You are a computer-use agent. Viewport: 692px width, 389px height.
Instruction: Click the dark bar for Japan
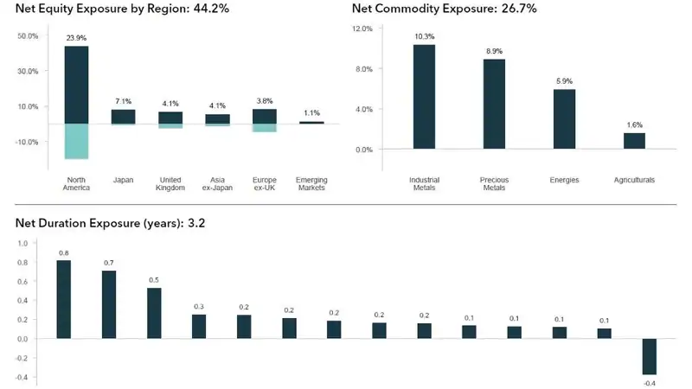point(123,116)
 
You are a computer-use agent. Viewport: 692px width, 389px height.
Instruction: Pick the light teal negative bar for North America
point(76,141)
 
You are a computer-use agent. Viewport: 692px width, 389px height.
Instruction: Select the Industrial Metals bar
point(424,96)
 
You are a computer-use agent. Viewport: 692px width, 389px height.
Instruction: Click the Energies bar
point(564,118)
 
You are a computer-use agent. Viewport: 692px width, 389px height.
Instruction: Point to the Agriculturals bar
point(634,140)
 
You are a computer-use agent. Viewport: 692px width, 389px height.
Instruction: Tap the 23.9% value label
point(76,38)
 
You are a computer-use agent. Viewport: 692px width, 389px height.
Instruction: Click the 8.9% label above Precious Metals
point(494,51)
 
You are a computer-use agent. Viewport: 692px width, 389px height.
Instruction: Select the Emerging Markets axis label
point(311,183)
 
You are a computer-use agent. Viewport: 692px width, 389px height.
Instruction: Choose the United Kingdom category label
point(170,183)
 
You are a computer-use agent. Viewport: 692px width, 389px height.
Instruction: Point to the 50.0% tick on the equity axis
point(28,36)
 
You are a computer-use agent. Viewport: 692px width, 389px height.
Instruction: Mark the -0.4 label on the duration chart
point(649,383)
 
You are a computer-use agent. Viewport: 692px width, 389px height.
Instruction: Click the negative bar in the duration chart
point(649,356)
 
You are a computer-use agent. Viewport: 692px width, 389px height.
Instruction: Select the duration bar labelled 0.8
point(63,299)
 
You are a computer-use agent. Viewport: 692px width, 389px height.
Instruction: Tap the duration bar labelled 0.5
point(154,313)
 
